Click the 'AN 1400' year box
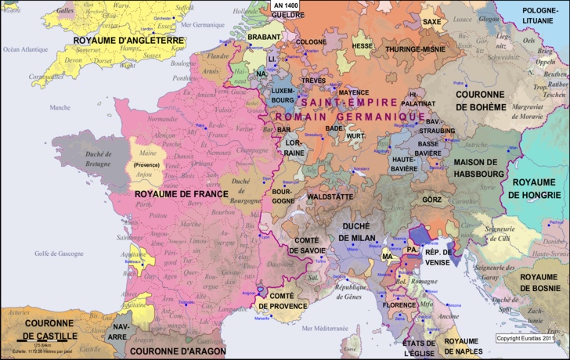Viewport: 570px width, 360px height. (285, 5)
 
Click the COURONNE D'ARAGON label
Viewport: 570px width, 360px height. (175, 351)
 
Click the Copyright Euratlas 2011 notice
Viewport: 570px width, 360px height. (525, 338)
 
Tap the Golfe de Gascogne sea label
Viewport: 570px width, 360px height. (60, 254)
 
